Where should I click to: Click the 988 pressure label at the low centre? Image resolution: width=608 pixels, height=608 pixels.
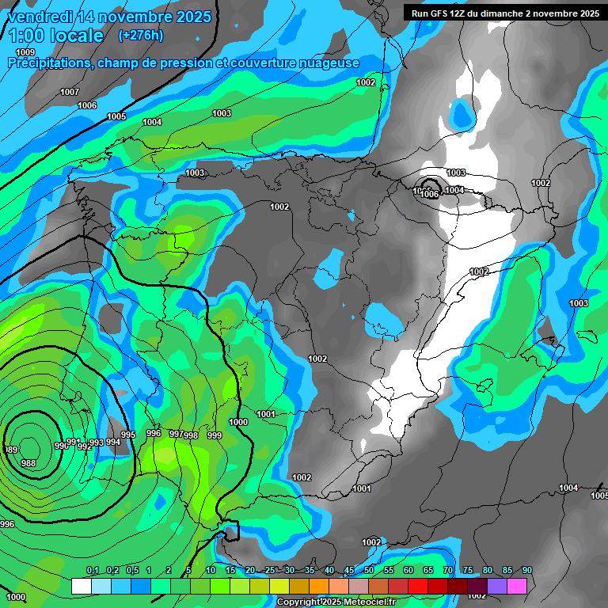tap(28, 463)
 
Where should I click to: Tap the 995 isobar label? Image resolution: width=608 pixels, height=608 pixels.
tap(128, 435)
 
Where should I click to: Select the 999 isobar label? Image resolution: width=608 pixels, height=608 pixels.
tap(214, 435)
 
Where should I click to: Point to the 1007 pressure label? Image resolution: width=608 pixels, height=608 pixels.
tap(70, 93)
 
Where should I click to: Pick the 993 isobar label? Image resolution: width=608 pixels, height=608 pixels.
tap(97, 443)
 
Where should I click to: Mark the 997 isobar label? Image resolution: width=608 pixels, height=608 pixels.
tap(177, 434)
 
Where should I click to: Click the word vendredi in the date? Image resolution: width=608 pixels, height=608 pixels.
tap(44, 17)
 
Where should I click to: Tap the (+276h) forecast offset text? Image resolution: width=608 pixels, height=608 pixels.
tap(140, 35)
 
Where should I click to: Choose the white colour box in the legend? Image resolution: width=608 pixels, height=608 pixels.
tap(81, 586)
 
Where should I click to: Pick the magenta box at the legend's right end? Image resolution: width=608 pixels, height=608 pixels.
tap(517, 586)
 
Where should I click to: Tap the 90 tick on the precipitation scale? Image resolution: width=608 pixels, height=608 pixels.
tap(527, 570)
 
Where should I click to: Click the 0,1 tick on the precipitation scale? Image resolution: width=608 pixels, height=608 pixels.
tap(92, 570)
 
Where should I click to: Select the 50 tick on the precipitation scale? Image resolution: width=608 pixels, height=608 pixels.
tap(369, 570)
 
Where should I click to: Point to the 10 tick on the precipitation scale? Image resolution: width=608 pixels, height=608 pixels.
tap(211, 570)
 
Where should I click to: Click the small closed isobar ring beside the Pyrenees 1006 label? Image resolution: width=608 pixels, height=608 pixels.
tap(428, 184)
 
